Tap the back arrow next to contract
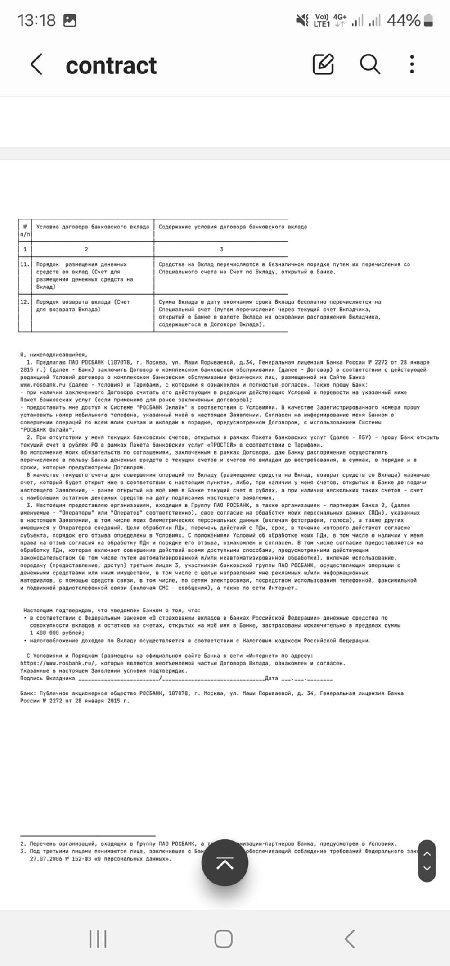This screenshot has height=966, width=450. (36, 64)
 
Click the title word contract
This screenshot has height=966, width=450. (111, 66)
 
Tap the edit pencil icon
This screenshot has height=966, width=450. (323, 64)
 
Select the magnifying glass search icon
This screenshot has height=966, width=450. (370, 64)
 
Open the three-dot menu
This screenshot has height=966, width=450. (412, 64)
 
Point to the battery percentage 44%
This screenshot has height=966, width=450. (403, 20)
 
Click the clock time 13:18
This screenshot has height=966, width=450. (36, 20)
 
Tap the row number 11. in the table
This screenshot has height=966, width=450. (25, 264)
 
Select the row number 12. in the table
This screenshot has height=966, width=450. (25, 302)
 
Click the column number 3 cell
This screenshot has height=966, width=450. (221, 249)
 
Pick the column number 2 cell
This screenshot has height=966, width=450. (86, 249)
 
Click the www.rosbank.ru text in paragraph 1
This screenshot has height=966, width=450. (43, 385)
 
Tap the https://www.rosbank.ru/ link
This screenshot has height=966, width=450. (58, 663)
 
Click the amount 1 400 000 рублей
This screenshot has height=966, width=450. (57, 633)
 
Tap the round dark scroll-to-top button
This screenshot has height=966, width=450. (225, 863)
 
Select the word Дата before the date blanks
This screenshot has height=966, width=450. (271, 678)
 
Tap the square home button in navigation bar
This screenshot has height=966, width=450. (224, 939)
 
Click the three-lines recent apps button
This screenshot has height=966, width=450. (98, 939)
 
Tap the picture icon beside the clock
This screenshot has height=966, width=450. (70, 20)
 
